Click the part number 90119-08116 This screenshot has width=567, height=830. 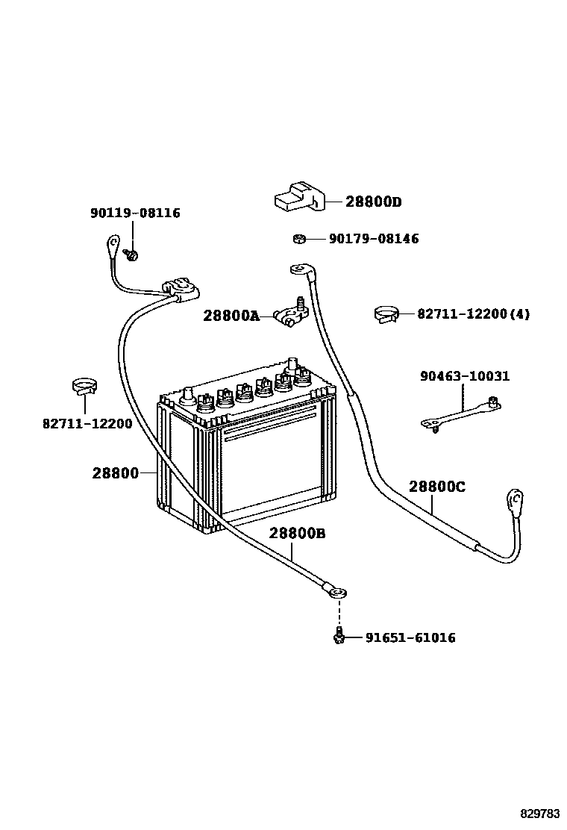pos(135,213)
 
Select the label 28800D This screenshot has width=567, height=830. pos(373,202)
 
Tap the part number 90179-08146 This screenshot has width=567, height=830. pos(374,239)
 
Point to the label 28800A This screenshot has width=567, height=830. pos(231,316)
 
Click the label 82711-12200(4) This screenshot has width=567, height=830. pos(473,314)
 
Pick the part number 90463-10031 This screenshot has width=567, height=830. pos(464,376)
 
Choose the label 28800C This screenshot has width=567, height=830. pos(436,487)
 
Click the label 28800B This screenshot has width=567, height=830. pos(297,533)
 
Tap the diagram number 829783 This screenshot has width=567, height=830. pos(540,812)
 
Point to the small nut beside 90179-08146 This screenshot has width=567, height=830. pos(297,239)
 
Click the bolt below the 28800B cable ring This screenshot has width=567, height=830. pos(339,636)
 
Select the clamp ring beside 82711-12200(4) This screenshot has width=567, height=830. pos(386,314)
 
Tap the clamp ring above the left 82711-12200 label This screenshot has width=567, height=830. pos(85,387)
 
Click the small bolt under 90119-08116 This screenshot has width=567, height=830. pos(132,255)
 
